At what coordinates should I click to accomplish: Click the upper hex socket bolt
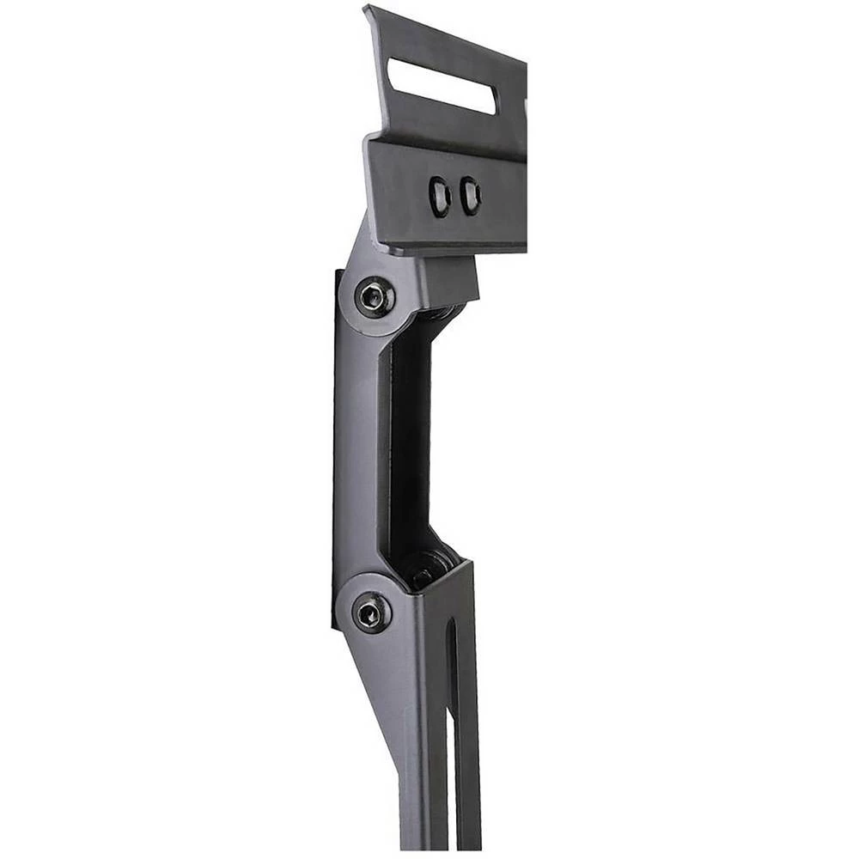373,297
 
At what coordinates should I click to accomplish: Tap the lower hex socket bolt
371,612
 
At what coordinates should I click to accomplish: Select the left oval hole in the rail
440,196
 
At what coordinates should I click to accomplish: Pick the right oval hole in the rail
470,196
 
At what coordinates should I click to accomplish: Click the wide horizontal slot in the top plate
441,86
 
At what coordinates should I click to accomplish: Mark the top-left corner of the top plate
366,9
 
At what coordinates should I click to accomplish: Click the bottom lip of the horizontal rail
455,248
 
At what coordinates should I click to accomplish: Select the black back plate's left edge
335,447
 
